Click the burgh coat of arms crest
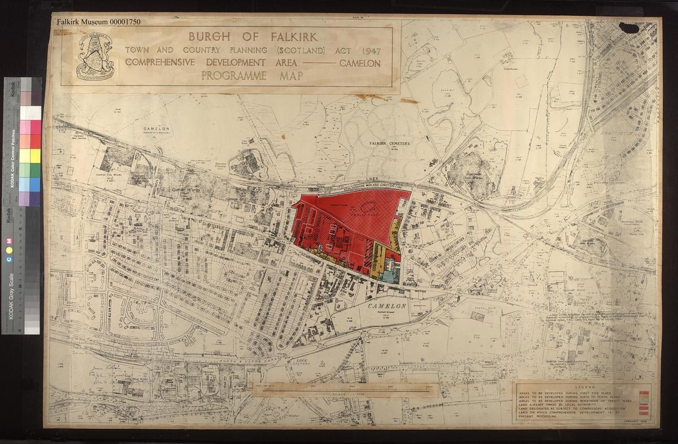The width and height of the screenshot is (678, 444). click(x=94, y=57)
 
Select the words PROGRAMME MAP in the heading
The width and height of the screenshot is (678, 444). click(x=253, y=76)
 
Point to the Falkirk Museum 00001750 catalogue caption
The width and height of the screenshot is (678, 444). click(x=98, y=22)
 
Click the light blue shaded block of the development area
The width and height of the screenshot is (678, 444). click(x=389, y=274)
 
